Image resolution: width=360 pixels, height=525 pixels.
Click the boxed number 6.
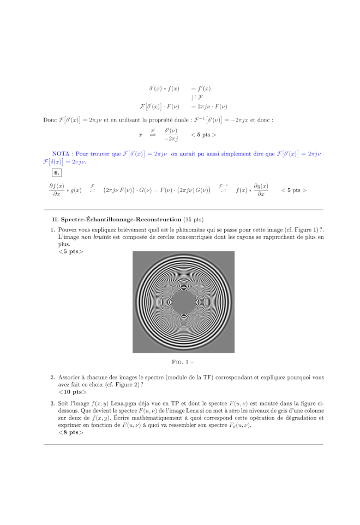pyautogui.click(x=57, y=173)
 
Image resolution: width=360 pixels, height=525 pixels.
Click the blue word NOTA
pyautogui.click(x=61, y=154)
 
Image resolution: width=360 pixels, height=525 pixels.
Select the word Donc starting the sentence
pyautogui.click(x=50, y=120)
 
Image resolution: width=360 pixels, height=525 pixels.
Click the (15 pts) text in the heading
pyautogui.click(x=193, y=220)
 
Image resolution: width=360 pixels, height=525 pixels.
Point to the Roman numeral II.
pyautogui.click(x=55, y=220)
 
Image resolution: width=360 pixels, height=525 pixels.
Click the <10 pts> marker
pyautogui.click(x=73, y=392)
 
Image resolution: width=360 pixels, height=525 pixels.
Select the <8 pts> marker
pyautogui.click(x=71, y=432)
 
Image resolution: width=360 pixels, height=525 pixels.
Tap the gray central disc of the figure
pyautogui.click(x=183, y=301)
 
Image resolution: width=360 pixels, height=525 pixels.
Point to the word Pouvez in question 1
pyautogui.click(x=68, y=230)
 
